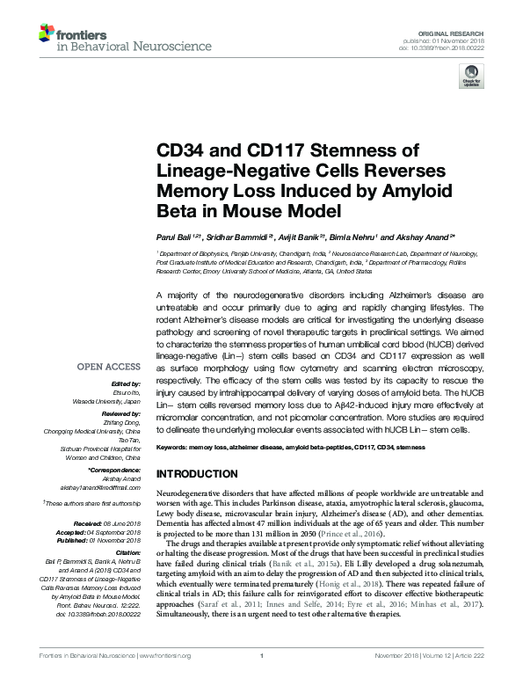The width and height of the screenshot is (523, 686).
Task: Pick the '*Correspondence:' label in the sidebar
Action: click(x=116, y=471)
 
